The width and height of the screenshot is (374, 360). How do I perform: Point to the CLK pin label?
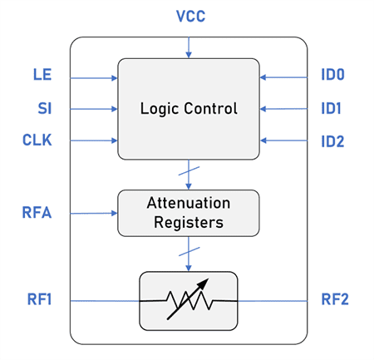click(x=37, y=140)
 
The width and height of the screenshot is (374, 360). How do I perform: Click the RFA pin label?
click(x=37, y=213)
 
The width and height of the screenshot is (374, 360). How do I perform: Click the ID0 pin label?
click(x=334, y=76)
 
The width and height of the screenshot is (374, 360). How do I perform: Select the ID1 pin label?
click(x=334, y=108)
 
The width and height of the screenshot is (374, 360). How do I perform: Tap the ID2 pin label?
click(x=334, y=140)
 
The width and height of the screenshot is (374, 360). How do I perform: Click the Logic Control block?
click(x=188, y=108)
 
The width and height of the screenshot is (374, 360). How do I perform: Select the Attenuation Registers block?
click(x=188, y=213)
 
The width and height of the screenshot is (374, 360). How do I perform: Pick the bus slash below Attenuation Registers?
click(x=188, y=249)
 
